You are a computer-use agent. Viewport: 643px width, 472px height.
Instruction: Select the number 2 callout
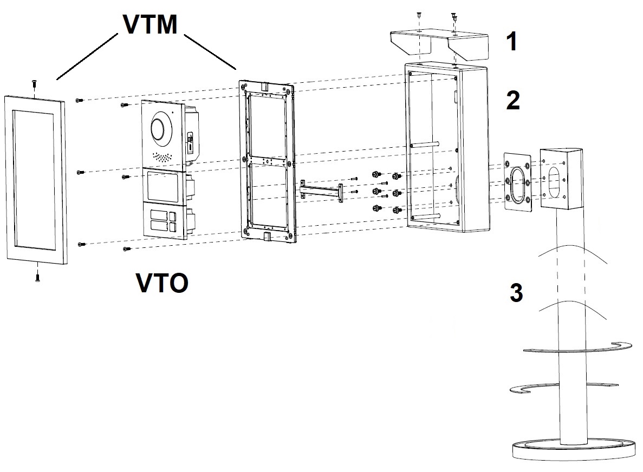[512, 101]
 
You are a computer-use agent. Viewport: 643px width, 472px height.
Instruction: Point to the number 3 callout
[516, 293]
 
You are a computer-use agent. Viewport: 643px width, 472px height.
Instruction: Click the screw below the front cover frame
[37, 278]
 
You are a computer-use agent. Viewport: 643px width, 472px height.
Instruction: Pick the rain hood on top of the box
[439, 44]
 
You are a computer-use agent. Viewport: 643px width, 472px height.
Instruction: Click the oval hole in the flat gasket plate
[518, 182]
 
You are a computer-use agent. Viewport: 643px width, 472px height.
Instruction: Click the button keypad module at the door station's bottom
[161, 220]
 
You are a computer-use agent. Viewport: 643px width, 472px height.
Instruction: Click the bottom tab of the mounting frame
[267, 237]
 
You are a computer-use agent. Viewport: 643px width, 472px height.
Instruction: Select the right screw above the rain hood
[454, 18]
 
